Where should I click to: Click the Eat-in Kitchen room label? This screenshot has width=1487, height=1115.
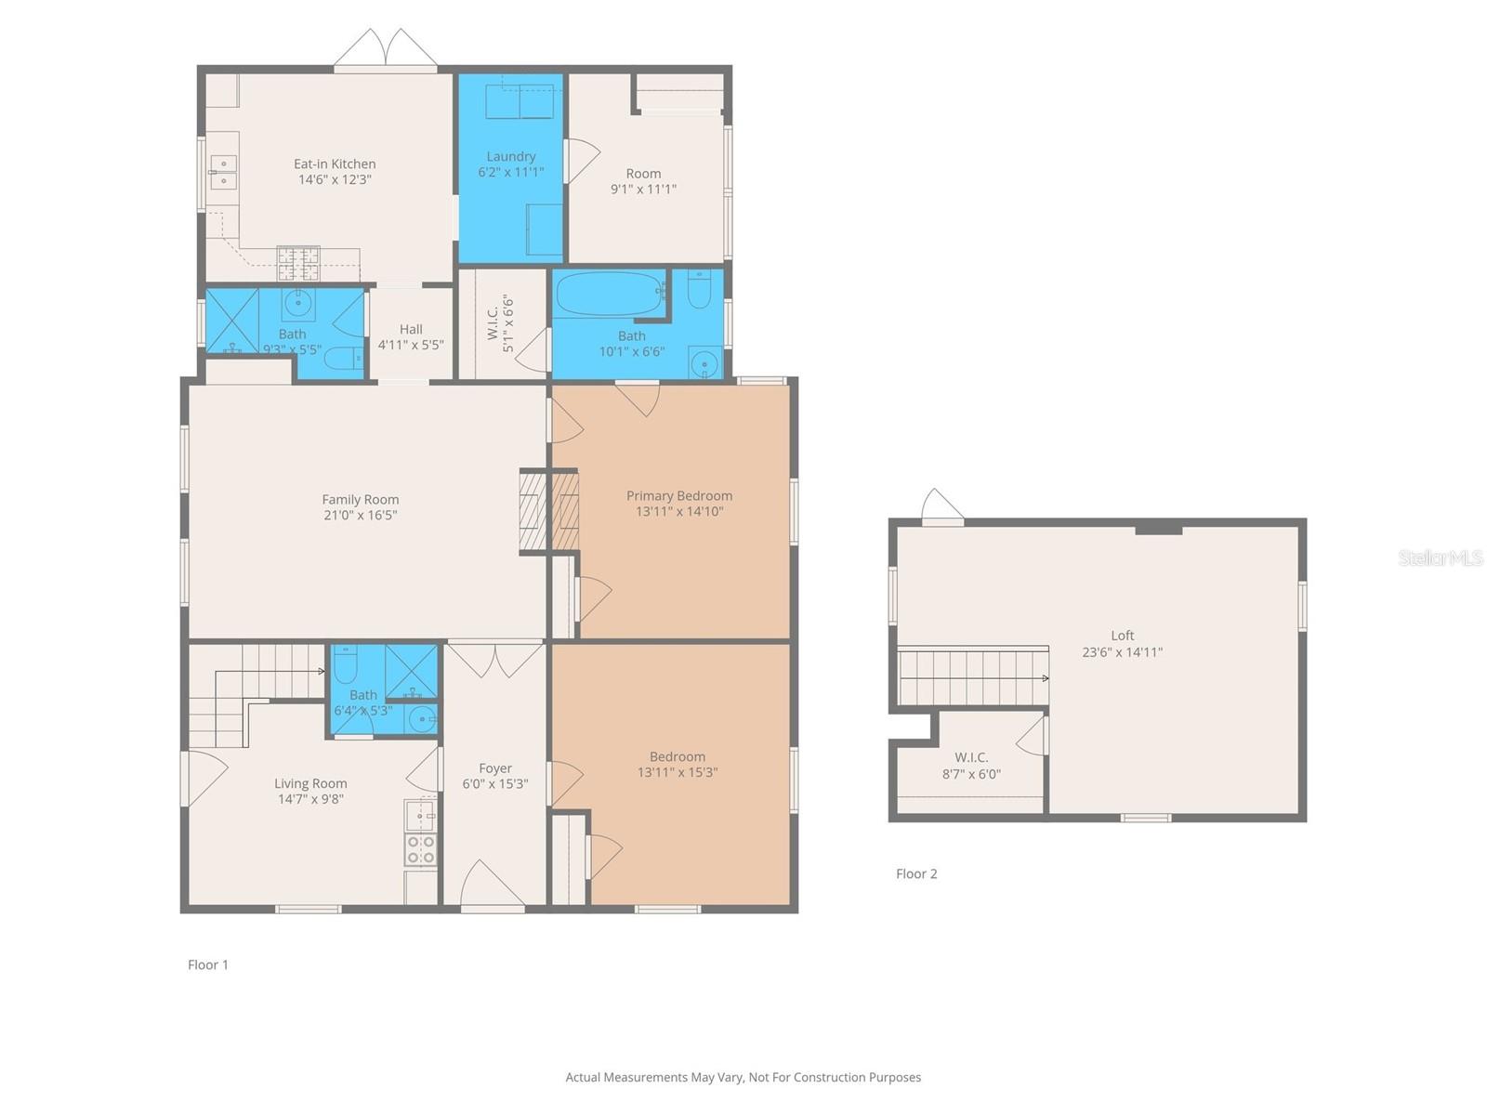[334, 164]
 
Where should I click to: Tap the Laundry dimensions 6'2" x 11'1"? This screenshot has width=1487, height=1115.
[510, 172]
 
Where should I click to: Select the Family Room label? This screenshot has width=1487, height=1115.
[360, 500]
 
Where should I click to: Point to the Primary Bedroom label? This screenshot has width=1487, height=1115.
[678, 495]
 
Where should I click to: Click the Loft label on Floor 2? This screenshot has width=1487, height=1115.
[1122, 636]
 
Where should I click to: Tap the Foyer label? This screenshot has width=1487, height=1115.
[494, 768]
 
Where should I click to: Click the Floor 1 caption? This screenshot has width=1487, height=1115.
[208, 964]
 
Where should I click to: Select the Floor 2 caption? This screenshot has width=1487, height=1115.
[916, 873]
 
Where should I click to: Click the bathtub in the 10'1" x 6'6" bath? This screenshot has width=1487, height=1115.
[611, 293]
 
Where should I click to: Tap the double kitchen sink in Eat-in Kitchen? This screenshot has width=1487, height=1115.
[223, 172]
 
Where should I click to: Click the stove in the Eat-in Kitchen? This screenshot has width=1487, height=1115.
[298, 263]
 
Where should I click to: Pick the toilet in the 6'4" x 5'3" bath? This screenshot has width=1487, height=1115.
[345, 664]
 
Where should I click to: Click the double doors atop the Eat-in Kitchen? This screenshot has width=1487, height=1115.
[385, 48]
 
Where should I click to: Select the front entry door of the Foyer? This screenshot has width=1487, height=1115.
[493, 885]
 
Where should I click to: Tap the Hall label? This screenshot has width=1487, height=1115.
[411, 330]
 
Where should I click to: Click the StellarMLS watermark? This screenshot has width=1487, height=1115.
[1441, 557]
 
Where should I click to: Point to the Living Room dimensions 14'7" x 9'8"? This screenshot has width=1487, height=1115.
[310, 799]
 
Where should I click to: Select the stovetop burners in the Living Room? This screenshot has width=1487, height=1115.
[421, 849]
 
